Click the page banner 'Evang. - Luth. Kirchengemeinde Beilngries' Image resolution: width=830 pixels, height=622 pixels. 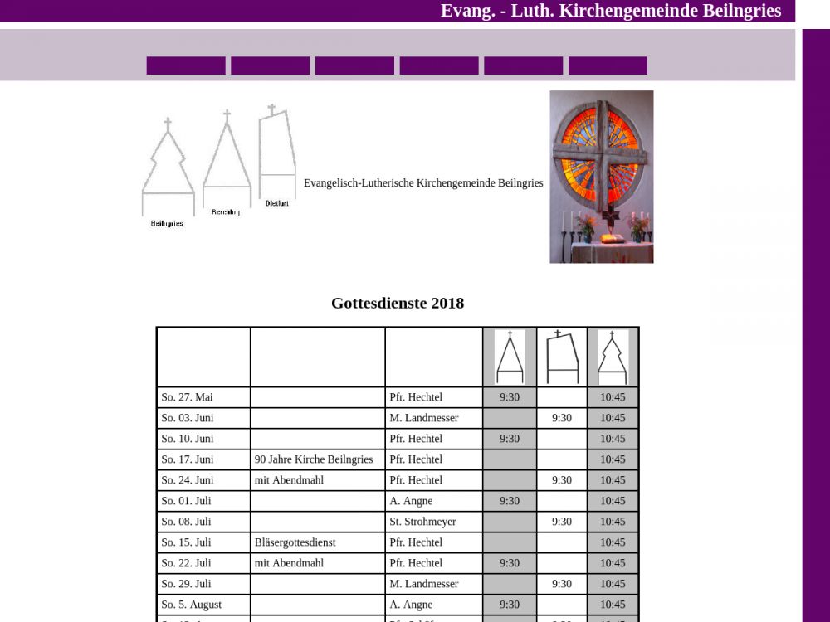[610, 11]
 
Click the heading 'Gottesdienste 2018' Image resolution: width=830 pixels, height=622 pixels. [398, 304]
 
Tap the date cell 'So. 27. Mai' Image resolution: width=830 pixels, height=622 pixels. [188, 397]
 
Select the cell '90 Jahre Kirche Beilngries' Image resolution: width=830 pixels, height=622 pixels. [314, 459]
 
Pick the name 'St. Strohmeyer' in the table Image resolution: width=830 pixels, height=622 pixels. [422, 522]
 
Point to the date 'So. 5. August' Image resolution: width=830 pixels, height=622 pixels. [192, 605]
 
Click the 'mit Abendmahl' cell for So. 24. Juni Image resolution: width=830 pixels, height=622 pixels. [289, 480]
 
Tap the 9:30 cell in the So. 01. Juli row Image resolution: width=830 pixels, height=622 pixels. [510, 501]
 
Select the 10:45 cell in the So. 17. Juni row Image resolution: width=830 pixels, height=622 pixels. [613, 459]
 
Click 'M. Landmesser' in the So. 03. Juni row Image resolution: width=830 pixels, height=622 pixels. [424, 418]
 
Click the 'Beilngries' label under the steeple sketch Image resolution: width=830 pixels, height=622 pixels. [168, 224]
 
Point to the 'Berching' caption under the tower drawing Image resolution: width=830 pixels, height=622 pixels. [225, 212]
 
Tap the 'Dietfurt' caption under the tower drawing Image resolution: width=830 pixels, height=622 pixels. [277, 203]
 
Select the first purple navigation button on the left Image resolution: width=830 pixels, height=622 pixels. [186, 66]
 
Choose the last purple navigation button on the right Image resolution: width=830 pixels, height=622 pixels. [608, 66]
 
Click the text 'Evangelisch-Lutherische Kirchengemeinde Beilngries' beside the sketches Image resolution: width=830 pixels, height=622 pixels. [423, 183]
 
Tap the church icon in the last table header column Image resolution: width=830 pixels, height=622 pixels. [613, 357]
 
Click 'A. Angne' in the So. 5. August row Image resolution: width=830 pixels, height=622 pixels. [411, 605]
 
